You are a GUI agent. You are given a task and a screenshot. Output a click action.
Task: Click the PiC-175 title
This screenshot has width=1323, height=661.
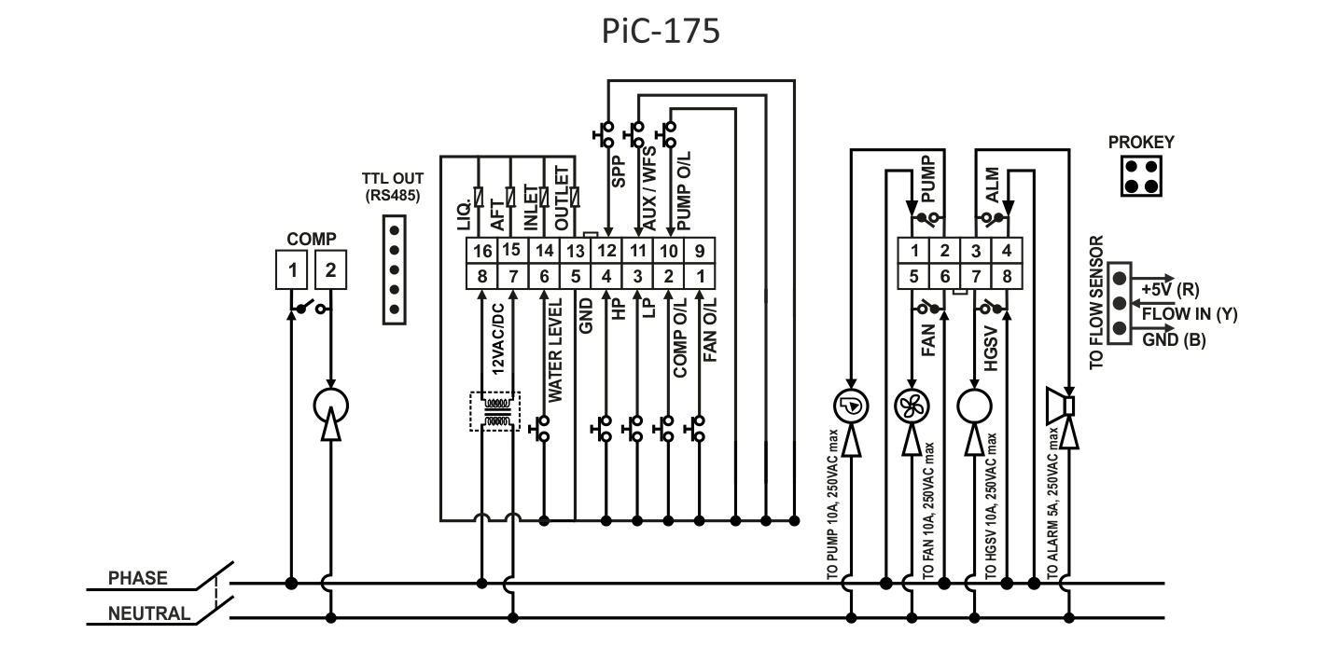pyautogui.click(x=660, y=33)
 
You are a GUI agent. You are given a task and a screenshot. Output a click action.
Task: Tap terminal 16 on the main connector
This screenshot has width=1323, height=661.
pyautogui.click(x=482, y=251)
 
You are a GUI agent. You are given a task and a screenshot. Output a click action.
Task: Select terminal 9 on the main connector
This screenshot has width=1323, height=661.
pyautogui.click(x=701, y=251)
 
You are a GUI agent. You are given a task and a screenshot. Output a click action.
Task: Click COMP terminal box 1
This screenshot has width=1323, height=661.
pyautogui.click(x=293, y=270)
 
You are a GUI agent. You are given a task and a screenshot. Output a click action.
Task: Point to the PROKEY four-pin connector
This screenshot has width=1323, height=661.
pyautogui.click(x=1141, y=175)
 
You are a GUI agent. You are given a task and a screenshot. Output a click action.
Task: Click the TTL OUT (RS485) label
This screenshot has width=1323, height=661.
pyautogui.click(x=392, y=186)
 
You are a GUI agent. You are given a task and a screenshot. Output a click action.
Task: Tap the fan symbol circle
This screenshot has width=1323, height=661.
pyautogui.click(x=911, y=406)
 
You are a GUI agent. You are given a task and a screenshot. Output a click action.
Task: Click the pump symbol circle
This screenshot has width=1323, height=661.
pyautogui.click(x=850, y=406)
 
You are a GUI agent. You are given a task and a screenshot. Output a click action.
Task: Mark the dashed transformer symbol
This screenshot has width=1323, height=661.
pyautogui.click(x=494, y=410)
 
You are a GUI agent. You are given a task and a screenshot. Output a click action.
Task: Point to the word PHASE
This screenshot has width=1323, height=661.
pyautogui.click(x=138, y=578)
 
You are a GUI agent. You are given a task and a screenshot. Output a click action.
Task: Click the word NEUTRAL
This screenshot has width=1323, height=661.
pyautogui.click(x=149, y=613)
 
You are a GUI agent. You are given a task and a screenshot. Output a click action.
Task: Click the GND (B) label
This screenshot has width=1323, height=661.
pyautogui.click(x=1175, y=340)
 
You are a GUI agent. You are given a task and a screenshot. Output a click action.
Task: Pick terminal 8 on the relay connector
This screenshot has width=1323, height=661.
pyautogui.click(x=1006, y=276)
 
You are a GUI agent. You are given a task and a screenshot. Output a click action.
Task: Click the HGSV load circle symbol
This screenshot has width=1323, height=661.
pyautogui.click(x=974, y=406)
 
